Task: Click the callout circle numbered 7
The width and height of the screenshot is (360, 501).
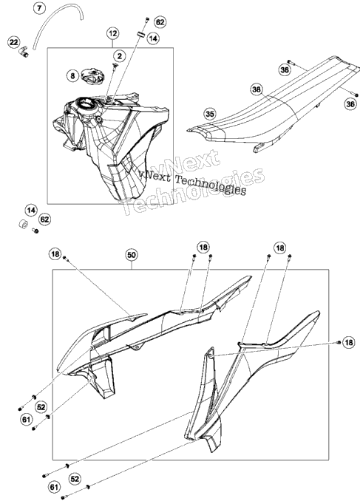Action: point(39,8)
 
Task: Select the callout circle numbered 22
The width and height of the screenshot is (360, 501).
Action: point(14,42)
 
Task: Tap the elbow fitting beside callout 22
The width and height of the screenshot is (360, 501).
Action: point(24,52)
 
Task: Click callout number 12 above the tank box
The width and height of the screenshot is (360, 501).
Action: point(113,33)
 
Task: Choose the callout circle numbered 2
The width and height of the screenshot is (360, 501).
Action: point(120,56)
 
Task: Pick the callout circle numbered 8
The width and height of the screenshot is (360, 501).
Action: point(73,75)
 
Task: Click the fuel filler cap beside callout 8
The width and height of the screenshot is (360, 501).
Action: point(92,75)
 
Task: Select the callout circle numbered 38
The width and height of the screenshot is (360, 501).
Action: point(257,89)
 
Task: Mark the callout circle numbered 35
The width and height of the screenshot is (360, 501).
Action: point(210,114)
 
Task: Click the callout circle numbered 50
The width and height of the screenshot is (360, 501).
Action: point(132,255)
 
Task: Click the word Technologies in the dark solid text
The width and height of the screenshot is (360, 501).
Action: point(211,185)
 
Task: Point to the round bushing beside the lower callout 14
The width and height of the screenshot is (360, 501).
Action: point(23,224)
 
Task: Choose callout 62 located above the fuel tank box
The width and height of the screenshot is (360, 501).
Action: point(160,22)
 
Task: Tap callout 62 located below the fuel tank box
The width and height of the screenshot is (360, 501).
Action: point(45,219)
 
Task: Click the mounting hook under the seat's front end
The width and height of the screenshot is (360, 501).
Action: point(260,148)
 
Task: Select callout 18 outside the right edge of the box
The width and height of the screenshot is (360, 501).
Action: point(348,343)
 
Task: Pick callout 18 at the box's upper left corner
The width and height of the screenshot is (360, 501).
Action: point(55,254)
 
